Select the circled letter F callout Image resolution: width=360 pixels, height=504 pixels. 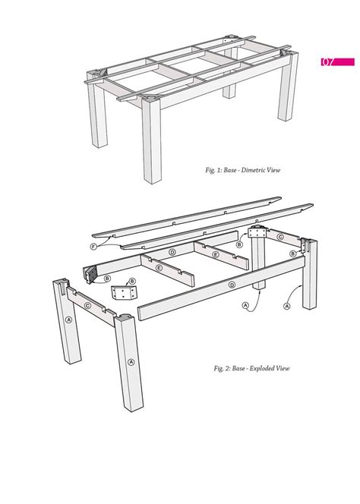pyautogui.click(x=93, y=246)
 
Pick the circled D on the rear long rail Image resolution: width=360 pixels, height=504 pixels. pyautogui.click(x=172, y=252)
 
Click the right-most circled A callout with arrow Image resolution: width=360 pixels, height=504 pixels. pyautogui.click(x=287, y=307)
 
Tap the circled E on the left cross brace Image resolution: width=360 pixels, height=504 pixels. pyautogui.click(x=159, y=268)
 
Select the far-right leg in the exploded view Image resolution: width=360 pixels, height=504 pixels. pyautogui.click(x=308, y=281)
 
